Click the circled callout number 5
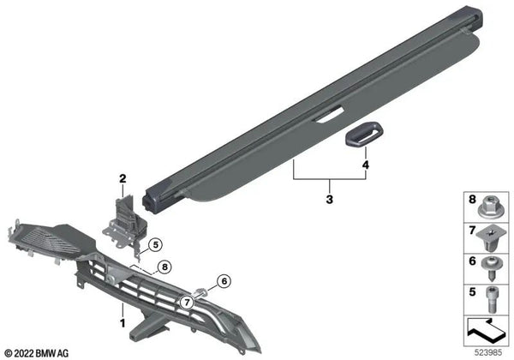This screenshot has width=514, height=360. (x=155, y=244)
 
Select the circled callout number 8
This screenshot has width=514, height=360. (x=164, y=267)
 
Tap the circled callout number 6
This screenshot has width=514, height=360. (x=224, y=281)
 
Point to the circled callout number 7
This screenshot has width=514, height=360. (x=187, y=303)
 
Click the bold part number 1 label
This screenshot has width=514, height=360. (x=123, y=323)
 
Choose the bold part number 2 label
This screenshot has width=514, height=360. (x=123, y=178)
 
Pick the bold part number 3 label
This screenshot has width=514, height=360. (x=330, y=199)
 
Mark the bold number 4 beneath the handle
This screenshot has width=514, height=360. (x=366, y=165)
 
